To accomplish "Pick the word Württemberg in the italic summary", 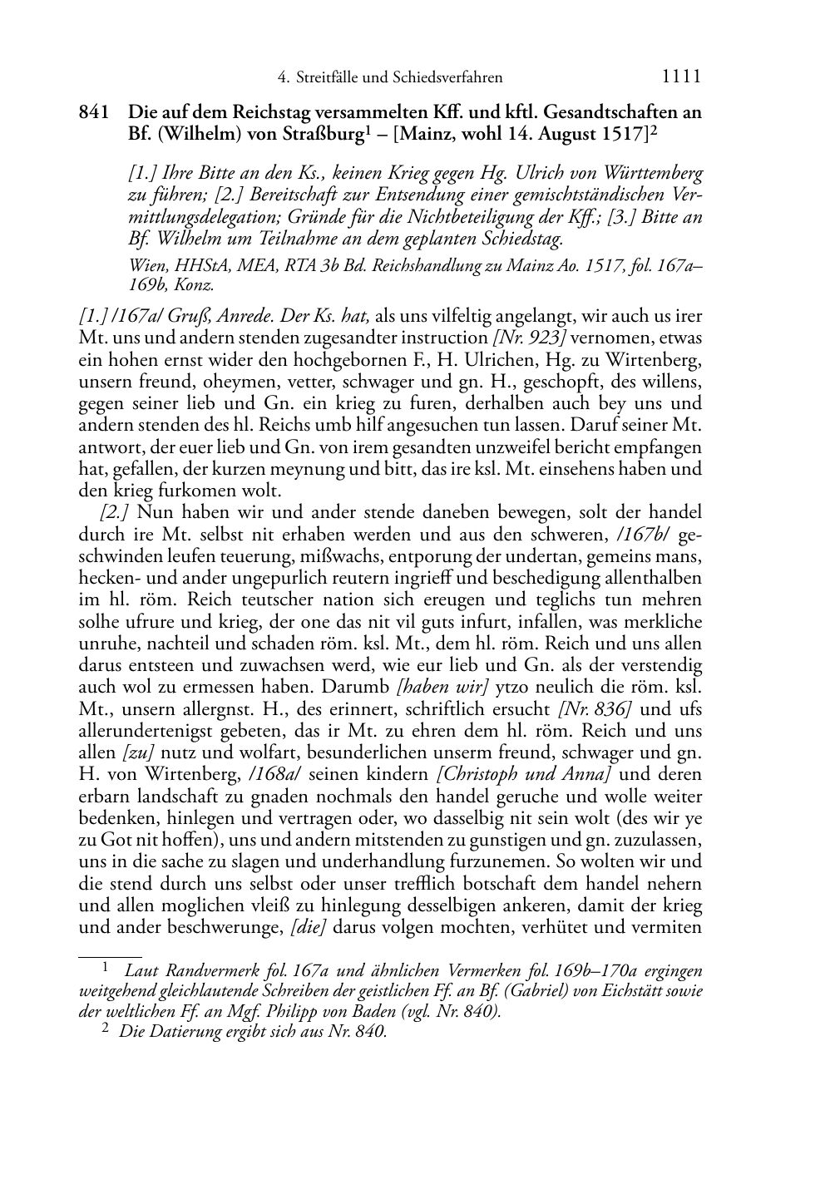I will coord(647,175).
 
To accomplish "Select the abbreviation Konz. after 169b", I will coord(198,285).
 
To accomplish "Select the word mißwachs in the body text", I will coord(318,555).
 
